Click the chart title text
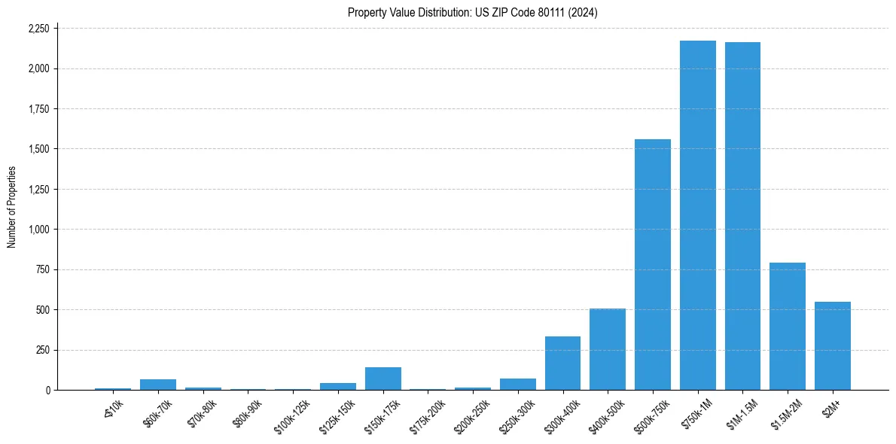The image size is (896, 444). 473,12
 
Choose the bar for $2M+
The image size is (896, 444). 833,346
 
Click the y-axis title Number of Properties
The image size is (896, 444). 12,207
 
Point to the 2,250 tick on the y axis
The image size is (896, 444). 38,29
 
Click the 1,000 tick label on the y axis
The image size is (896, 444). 38,230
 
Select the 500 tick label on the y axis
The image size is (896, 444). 42,310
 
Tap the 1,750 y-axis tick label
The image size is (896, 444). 38,109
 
